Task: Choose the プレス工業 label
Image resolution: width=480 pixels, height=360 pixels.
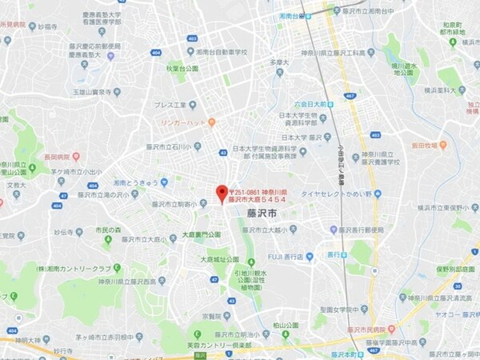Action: pos(169,105)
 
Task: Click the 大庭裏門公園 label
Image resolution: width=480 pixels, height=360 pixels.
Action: pos(202,235)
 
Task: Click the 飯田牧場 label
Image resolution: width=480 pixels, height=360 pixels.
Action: pos(430,146)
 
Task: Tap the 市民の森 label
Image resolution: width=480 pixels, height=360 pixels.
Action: pos(111,230)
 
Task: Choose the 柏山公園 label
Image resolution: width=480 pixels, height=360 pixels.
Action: pos(286,325)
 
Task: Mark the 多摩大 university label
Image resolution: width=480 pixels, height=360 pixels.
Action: pos(278,62)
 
